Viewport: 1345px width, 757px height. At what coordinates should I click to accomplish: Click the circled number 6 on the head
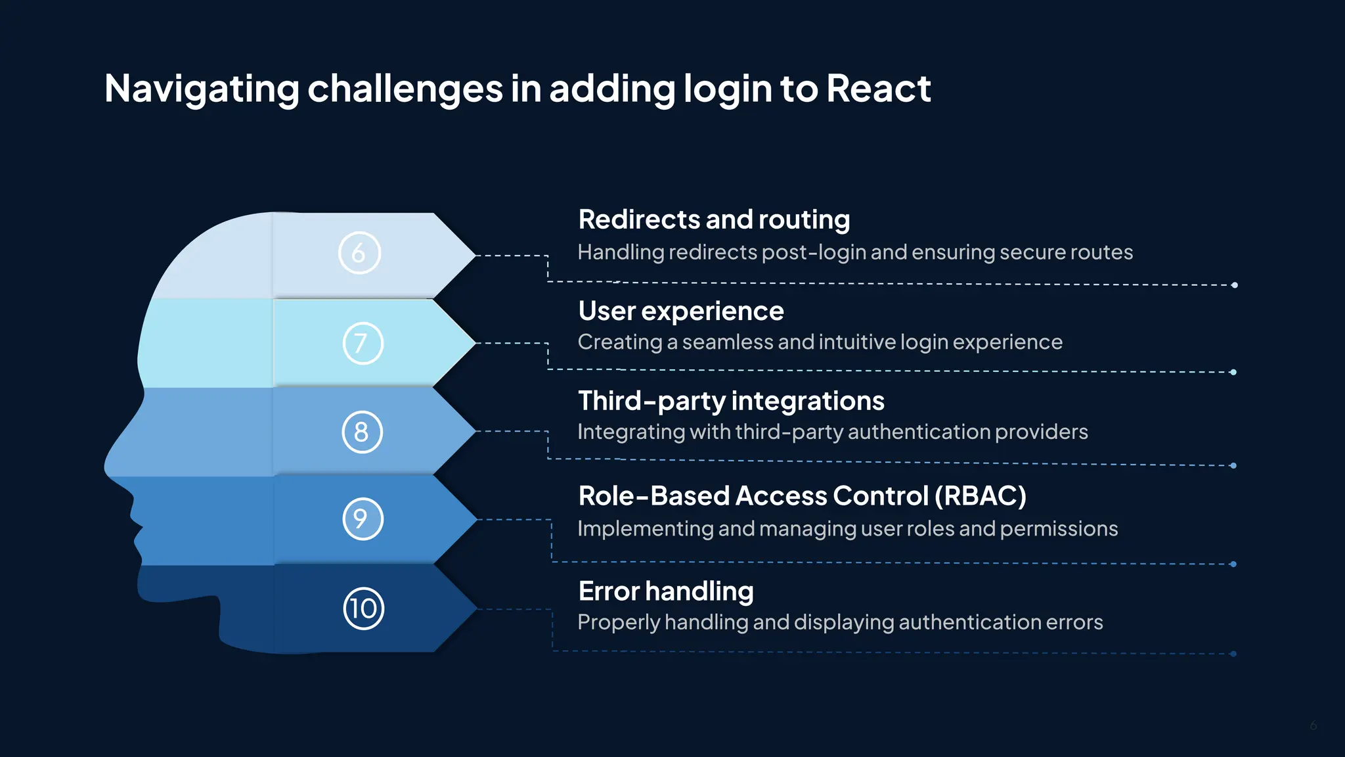click(359, 253)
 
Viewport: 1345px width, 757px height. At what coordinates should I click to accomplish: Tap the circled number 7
click(363, 343)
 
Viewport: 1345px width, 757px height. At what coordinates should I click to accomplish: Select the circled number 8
click(362, 432)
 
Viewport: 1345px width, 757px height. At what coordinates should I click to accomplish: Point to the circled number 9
click(363, 519)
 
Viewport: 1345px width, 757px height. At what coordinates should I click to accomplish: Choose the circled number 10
click(363, 608)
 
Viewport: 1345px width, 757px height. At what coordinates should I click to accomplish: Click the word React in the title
click(878, 88)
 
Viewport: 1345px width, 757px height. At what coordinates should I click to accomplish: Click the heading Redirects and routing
click(714, 219)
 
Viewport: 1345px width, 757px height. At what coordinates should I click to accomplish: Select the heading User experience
click(681, 311)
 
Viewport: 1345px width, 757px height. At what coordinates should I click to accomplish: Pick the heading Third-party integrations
click(731, 401)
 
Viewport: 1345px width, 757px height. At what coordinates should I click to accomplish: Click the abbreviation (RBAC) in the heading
click(980, 496)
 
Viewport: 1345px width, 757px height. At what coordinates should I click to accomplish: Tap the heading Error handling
click(666, 591)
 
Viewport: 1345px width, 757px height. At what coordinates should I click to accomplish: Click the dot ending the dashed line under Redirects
click(1235, 285)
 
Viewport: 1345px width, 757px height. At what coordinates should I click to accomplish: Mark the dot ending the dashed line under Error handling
click(1233, 654)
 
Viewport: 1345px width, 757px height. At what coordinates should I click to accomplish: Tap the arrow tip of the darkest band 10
click(475, 609)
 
